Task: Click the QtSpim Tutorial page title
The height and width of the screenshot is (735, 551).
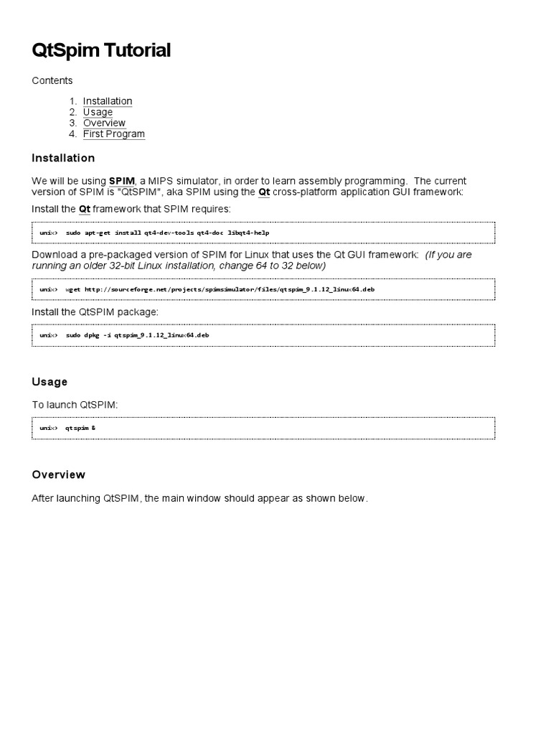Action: tap(101, 50)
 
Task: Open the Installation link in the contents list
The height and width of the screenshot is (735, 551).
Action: tap(108, 101)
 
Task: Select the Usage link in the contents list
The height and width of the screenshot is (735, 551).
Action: tap(98, 112)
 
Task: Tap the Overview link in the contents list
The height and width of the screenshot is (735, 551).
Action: tap(104, 123)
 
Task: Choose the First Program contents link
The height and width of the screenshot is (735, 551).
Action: tap(113, 134)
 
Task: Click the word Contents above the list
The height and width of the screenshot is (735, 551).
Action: tap(52, 80)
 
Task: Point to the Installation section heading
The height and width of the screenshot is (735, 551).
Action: tap(63, 158)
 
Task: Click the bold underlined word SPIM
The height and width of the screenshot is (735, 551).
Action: tap(121, 181)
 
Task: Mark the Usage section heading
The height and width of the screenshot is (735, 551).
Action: tap(50, 382)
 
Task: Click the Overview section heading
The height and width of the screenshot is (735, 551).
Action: tap(58, 474)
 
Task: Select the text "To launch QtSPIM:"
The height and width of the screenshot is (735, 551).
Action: tap(75, 405)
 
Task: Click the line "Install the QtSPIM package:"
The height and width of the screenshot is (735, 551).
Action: tap(95, 312)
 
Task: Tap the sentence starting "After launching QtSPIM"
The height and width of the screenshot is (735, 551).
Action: tap(199, 498)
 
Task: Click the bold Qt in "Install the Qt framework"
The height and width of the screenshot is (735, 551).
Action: tap(85, 209)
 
